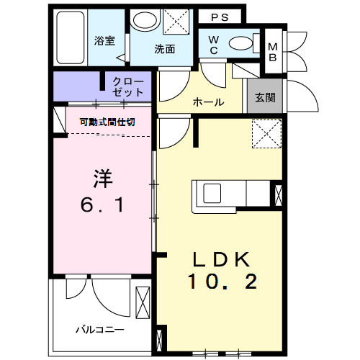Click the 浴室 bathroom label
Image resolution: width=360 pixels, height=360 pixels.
[x=105, y=41]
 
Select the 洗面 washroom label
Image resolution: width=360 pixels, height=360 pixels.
[x=164, y=50]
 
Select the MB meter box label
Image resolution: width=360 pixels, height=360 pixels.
[x=273, y=52]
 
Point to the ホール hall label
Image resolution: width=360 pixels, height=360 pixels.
[x=208, y=102]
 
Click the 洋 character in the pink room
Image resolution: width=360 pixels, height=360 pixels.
[x=102, y=176]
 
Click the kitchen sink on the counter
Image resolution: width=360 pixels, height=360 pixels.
[x=214, y=194]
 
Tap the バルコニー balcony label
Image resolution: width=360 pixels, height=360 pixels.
[x=100, y=329]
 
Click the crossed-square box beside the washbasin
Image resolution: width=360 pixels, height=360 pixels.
[x=174, y=21]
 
